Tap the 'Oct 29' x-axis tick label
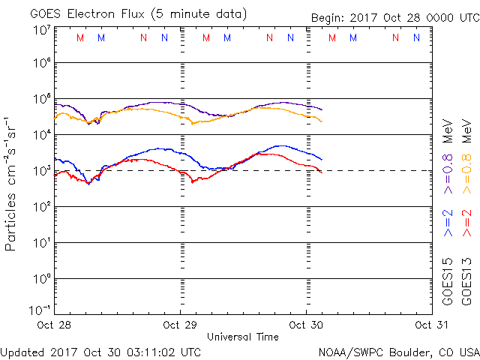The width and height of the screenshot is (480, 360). pyautogui.click(x=180, y=325)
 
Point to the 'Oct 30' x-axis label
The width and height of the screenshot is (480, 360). pyautogui.click(x=305, y=325)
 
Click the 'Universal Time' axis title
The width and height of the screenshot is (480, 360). pyautogui.click(x=242, y=337)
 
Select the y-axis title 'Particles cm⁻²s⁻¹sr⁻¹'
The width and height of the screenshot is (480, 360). pyautogui.click(x=13, y=183)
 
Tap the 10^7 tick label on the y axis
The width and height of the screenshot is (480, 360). pyautogui.click(x=41, y=30)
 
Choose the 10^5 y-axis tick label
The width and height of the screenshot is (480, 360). pyautogui.click(x=41, y=100)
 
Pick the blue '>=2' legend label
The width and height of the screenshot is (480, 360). pyautogui.click(x=448, y=223)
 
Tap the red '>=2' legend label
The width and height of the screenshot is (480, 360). pyautogui.click(x=466, y=223)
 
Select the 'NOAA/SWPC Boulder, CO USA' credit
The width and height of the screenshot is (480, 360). pyautogui.click(x=398, y=352)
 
